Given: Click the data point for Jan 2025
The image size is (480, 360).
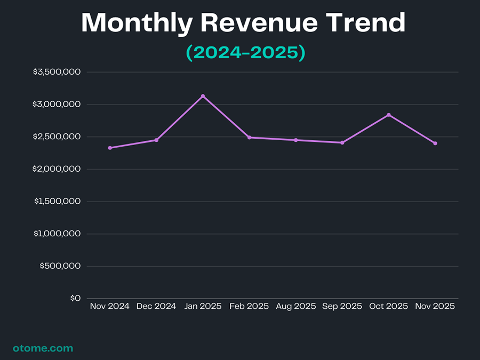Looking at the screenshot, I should point(203,96).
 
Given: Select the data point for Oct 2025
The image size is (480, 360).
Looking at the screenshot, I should point(389,115).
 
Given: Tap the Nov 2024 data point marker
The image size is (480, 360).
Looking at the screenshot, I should point(110,148).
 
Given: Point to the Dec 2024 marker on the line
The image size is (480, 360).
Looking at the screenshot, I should point(156,140).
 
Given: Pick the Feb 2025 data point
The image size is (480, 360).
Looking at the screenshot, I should point(249,138).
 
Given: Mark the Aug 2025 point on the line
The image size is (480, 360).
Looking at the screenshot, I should point(296,140).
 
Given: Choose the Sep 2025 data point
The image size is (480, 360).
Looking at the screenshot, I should point(342,142).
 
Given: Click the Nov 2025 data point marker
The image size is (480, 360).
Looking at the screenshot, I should point(435,143).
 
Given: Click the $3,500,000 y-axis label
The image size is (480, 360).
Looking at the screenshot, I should point(57,72).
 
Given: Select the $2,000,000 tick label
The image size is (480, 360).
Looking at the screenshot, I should point(57,169).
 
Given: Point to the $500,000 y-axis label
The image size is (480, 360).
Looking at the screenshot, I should point(60,266).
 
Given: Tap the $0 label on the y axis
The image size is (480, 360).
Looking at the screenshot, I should point(75,298).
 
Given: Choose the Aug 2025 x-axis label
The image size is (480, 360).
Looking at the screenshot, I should point(296,306).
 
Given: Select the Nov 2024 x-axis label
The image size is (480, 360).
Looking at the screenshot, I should point(110,306).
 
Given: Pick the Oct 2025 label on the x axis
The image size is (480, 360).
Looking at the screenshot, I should point(389,306).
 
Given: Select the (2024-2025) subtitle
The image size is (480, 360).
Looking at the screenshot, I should point(245,53).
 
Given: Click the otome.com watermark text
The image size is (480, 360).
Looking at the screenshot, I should point(43,348).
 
